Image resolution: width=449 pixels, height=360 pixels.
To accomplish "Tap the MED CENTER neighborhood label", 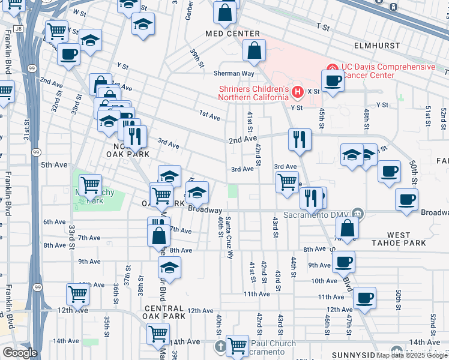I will click(x=232, y=34).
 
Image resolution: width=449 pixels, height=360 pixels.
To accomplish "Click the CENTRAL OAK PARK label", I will click(x=164, y=311).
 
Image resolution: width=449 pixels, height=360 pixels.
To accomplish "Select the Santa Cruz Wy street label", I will click(x=229, y=235).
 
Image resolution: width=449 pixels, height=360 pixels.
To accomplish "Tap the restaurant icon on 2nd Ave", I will click(x=298, y=139).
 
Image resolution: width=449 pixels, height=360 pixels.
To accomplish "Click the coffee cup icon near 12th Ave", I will click(x=364, y=297).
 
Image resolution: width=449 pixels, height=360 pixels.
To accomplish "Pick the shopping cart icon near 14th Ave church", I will click(x=238, y=344).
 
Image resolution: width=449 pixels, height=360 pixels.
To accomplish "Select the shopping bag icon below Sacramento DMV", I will click(x=348, y=227).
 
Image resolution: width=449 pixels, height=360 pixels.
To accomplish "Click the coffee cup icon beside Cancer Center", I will click(x=332, y=80).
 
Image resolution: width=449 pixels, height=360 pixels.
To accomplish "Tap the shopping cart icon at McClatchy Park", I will click(x=90, y=185).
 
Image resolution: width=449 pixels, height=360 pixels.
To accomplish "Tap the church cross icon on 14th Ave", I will click(x=221, y=346).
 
